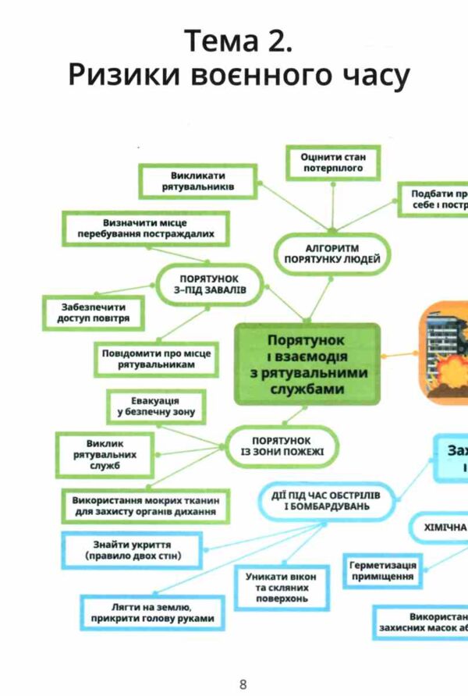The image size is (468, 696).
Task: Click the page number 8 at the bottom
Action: [x=243, y=684]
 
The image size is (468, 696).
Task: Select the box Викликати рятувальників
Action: [x=198, y=182]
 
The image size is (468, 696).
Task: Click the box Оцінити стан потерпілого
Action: [x=333, y=162]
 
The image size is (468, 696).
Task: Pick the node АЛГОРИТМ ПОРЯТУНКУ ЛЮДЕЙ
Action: [x=331, y=254]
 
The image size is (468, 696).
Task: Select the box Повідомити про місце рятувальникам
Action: [x=156, y=358]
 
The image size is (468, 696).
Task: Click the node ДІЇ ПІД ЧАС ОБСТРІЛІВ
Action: [x=326, y=499]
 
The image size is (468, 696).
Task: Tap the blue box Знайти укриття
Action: [x=133, y=549]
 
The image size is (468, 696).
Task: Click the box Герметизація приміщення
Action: [x=381, y=570]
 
